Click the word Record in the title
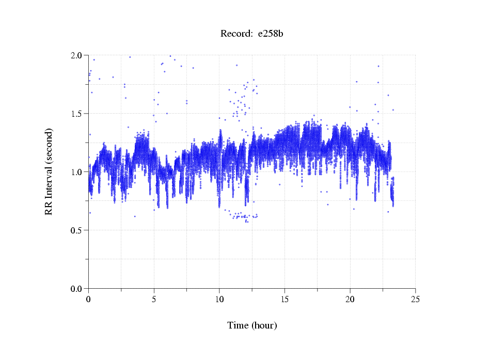(235, 34)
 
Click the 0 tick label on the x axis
(89, 299)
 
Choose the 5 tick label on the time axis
(154, 299)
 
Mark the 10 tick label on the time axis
(219, 299)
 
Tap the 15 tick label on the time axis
(284, 299)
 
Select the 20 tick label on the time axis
(350, 299)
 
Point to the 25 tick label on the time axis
(415, 299)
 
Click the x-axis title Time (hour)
(252, 325)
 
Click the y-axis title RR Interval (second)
(49, 171)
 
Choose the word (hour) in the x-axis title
(264, 325)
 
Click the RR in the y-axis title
(49, 208)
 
